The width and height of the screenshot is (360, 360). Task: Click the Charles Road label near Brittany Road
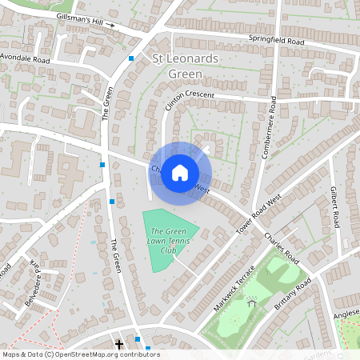[x=282, y=249]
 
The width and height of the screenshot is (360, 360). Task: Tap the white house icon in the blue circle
[x=180, y=172]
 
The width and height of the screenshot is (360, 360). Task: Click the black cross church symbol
[x=120, y=345]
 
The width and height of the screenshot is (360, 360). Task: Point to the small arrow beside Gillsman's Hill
[x=113, y=25]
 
